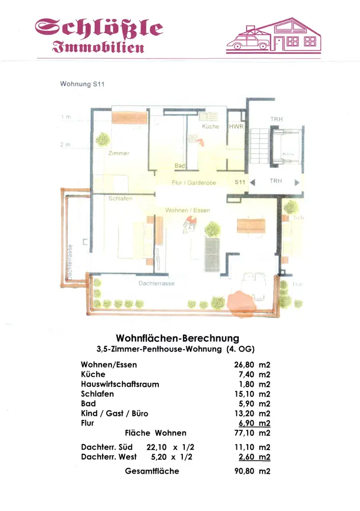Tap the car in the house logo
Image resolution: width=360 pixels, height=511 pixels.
pos(250,40)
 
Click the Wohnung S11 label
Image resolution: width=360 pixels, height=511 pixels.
pos(82,84)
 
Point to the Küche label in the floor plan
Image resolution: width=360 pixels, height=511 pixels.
pos(210,126)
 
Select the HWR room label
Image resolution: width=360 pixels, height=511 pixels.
pos(236,126)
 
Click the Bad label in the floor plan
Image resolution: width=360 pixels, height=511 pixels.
pos(180,166)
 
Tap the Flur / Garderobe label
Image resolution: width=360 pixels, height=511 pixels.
pos(194,182)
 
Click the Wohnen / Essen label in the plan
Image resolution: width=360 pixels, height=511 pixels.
pos(187,210)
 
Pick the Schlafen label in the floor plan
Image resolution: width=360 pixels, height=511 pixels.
pos(121,198)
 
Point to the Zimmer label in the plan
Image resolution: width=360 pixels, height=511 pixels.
pos(118,153)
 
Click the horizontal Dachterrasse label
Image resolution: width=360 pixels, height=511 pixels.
pos(156,283)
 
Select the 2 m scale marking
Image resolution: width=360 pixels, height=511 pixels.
pos(65,145)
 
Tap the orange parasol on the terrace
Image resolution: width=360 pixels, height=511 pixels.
pos(240,304)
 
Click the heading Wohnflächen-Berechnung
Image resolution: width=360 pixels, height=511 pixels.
pos(178,338)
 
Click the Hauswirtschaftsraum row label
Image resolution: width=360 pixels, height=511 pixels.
pos(120,384)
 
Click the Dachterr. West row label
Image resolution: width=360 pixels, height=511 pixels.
pos(109,456)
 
